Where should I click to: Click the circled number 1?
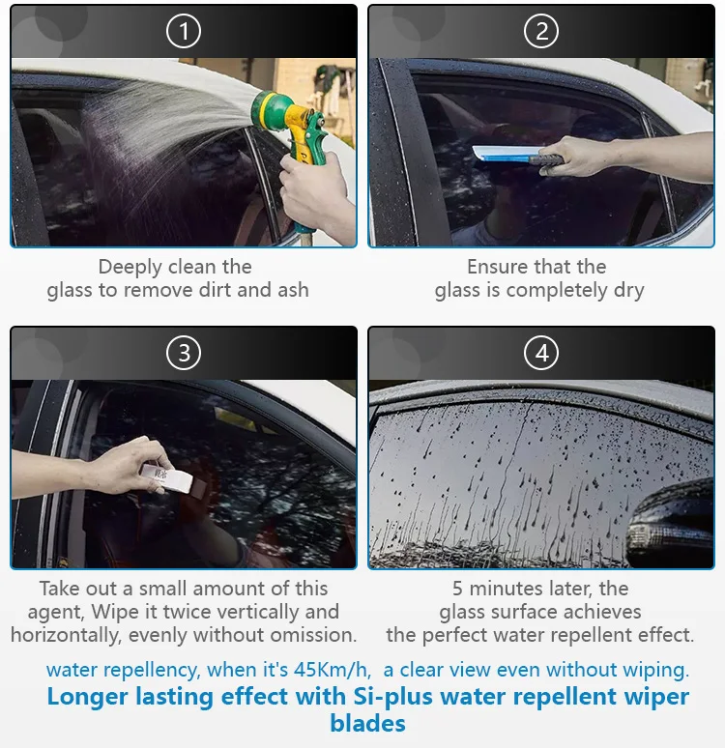click(x=184, y=31)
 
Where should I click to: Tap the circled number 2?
click(x=541, y=31)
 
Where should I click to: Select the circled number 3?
click(x=184, y=353)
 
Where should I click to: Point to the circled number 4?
click(x=541, y=353)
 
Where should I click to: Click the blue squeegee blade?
click(x=502, y=153)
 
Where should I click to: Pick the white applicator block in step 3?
click(x=166, y=478)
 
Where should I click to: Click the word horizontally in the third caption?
click(x=65, y=635)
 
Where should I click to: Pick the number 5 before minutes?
click(x=457, y=589)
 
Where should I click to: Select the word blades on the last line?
click(x=368, y=724)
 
